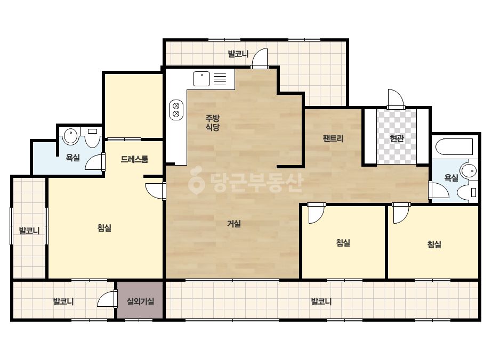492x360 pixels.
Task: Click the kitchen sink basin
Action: [x=201, y=78]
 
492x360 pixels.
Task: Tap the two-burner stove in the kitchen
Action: [x=176, y=110]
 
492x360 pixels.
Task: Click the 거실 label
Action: [x=234, y=224]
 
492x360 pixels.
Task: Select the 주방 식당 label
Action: [x=213, y=122]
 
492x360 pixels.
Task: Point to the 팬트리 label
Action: [x=333, y=138]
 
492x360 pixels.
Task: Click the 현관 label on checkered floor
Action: [x=397, y=138]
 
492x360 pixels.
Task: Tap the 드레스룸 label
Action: [x=134, y=159]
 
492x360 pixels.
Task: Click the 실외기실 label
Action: [x=140, y=301]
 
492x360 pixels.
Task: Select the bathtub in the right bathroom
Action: [x=454, y=146]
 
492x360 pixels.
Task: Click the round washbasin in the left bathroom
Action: [x=71, y=136]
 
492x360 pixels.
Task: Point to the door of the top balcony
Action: [x=260, y=59]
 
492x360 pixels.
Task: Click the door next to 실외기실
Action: [x=107, y=299]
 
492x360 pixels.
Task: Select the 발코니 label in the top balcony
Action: [x=238, y=54]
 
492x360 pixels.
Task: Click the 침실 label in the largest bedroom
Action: [x=104, y=228]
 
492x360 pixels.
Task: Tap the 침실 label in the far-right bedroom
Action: [x=434, y=244]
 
